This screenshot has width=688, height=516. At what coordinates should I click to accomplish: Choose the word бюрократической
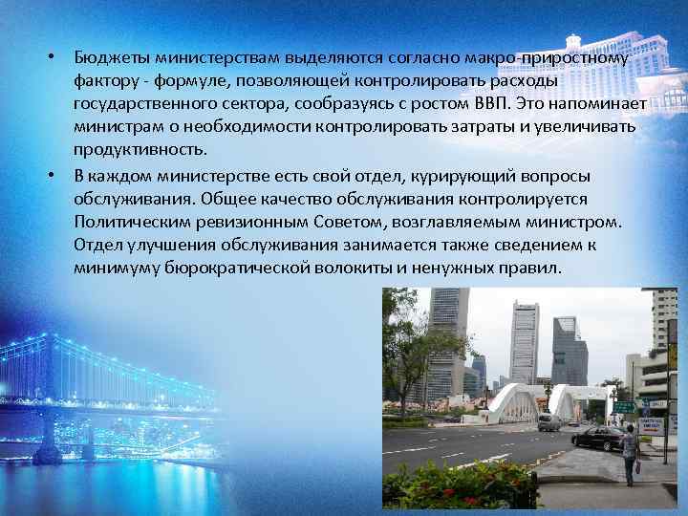[x=245, y=269]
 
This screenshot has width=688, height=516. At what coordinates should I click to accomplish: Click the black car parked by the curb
[x=597, y=439]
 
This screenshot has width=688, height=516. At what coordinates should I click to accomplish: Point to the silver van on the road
[x=548, y=421]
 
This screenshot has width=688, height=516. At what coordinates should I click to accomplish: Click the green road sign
[x=624, y=405]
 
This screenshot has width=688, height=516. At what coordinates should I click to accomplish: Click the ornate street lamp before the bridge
[x=547, y=401]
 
